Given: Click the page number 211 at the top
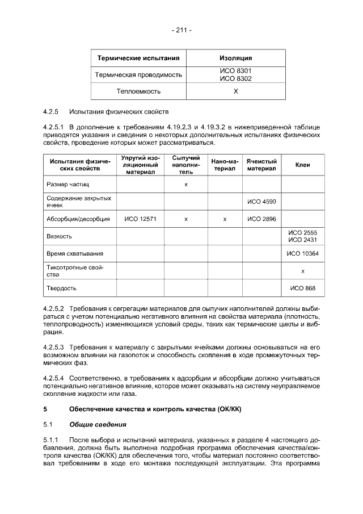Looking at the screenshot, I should pyautogui.click(x=181, y=30).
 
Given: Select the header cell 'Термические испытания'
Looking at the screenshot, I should pyautogui.click(x=139, y=58).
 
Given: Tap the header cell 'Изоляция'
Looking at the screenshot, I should pyautogui.click(x=235, y=58).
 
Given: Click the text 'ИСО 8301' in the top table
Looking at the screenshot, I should pyautogui.click(x=235, y=71).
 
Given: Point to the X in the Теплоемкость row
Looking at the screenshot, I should pyautogui.click(x=235, y=91).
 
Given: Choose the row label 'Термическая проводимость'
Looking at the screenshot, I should pyautogui.click(x=139, y=74).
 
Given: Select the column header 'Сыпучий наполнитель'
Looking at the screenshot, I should pyautogui.click(x=186, y=164).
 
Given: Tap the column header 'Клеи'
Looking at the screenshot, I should pyautogui.click(x=302, y=165).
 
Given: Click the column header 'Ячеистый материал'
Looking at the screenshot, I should pyautogui.click(x=261, y=165).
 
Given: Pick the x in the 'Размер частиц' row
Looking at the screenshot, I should pyautogui.click(x=186, y=185).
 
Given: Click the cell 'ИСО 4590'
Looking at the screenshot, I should pyautogui.click(x=261, y=202).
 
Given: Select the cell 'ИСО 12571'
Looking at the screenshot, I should pyautogui.click(x=140, y=219).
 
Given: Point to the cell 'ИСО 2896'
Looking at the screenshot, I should pyautogui.click(x=261, y=219).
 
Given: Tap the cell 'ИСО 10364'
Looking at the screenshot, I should pyautogui.click(x=302, y=253).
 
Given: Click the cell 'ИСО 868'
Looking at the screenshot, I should pyautogui.click(x=302, y=288).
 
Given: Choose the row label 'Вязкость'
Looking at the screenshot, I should pyautogui.click(x=59, y=236).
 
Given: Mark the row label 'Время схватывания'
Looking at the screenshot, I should pyautogui.click(x=74, y=253).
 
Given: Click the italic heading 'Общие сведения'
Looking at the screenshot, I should pyautogui.click(x=97, y=424).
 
